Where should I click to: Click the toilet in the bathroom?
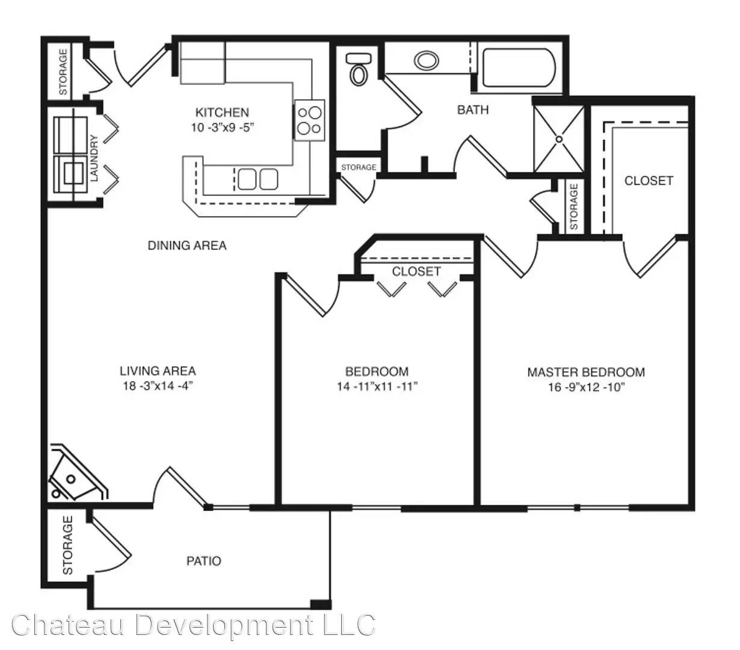(x=359, y=69)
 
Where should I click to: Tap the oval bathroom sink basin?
(x=426, y=60)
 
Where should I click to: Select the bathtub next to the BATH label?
(x=519, y=67)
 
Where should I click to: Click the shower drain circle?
(x=558, y=139)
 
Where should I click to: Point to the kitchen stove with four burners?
(x=309, y=120)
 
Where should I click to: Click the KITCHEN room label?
(x=222, y=112)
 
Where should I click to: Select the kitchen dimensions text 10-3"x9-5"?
(x=223, y=128)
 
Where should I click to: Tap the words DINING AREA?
(x=187, y=245)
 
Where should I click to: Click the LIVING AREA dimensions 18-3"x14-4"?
(x=158, y=386)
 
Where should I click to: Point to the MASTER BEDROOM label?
(x=586, y=372)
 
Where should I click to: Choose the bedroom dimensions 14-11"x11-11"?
(x=377, y=386)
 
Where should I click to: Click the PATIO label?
(x=204, y=561)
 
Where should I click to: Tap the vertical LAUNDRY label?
(x=94, y=158)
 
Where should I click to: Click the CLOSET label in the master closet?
(x=649, y=181)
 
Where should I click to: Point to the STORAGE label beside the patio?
(x=67, y=545)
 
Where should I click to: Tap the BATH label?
(x=473, y=110)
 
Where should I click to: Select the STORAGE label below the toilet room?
(x=359, y=167)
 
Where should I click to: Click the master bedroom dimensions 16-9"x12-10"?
(x=586, y=387)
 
